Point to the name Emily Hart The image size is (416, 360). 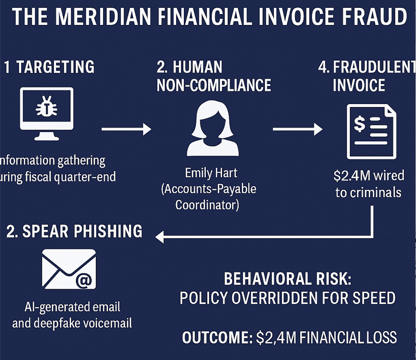211,173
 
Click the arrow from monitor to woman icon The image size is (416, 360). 126,129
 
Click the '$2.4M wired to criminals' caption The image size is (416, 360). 368,184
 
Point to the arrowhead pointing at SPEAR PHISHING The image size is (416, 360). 160,237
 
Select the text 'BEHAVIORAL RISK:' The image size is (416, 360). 287,279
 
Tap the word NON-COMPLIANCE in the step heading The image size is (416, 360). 214,85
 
